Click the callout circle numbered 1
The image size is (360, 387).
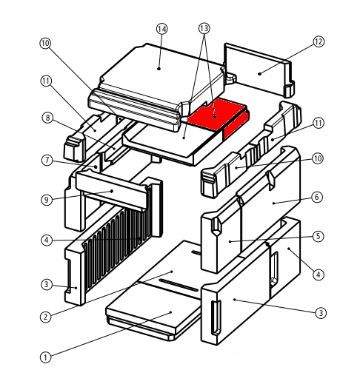[45, 357]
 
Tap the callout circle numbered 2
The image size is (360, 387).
[45, 317]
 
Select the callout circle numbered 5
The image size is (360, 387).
[319, 237]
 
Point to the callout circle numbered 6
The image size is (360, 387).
[317, 198]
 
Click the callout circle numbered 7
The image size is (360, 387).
[47, 161]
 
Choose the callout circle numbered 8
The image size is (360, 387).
[47, 118]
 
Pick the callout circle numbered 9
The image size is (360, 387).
[47, 200]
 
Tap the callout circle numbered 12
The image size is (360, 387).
[319, 41]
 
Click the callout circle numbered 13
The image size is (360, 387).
[204, 29]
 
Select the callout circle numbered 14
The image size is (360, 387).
[162, 29]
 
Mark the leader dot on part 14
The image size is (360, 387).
[159, 69]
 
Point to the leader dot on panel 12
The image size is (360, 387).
[259, 74]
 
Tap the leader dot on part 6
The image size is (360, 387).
[273, 203]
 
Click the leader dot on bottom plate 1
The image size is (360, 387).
[170, 312]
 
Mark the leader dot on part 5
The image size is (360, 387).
[230, 242]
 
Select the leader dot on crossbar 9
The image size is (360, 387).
[112, 191]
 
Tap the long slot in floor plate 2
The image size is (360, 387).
[179, 285]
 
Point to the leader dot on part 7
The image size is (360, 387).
[96, 166]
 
